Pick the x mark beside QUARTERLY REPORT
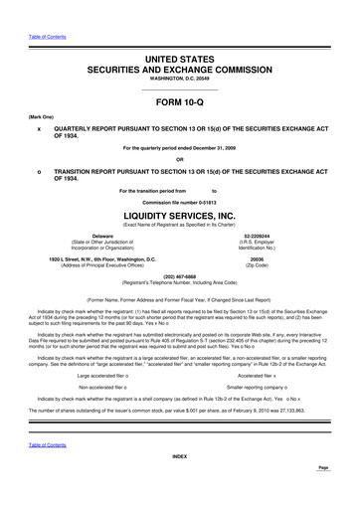pyautogui.click(x=38, y=129)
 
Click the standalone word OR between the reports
pyautogui.click(x=179, y=160)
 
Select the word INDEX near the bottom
pyautogui.click(x=179, y=484)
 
